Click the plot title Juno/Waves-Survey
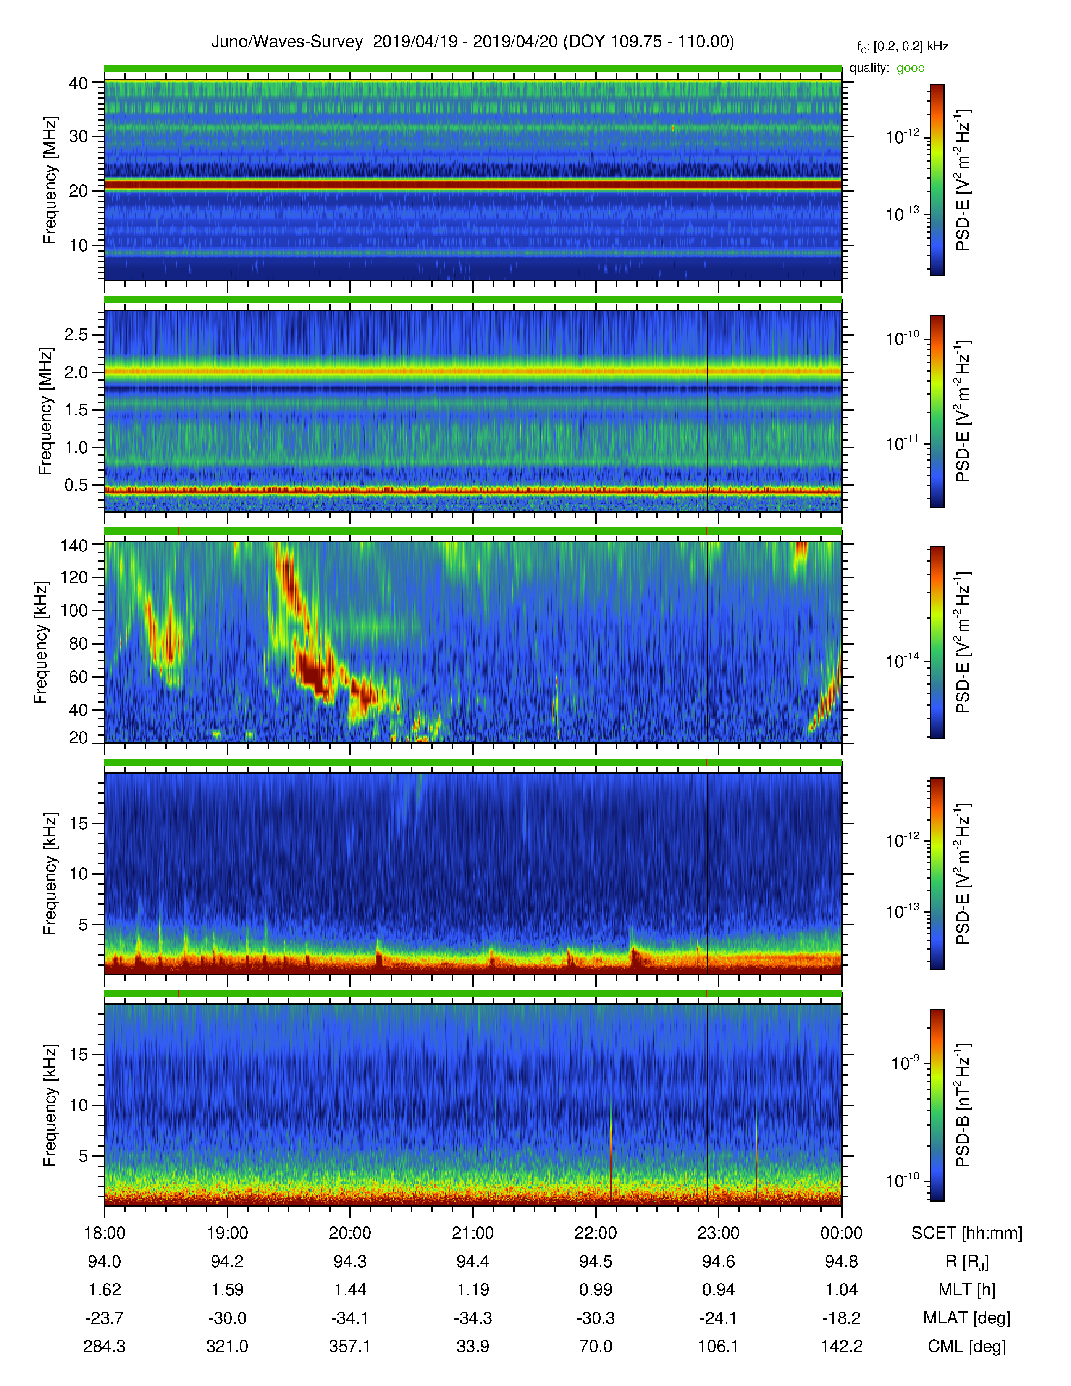point(287,42)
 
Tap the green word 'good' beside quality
point(911,68)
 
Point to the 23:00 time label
point(718,1233)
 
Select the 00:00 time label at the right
point(841,1233)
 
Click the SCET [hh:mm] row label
point(967,1234)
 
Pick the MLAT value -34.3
point(472,1318)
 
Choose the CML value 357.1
point(349,1347)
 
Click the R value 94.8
point(841,1262)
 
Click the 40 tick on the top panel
point(79,83)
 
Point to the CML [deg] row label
point(967,1347)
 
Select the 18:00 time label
point(104,1233)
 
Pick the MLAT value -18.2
point(841,1318)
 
